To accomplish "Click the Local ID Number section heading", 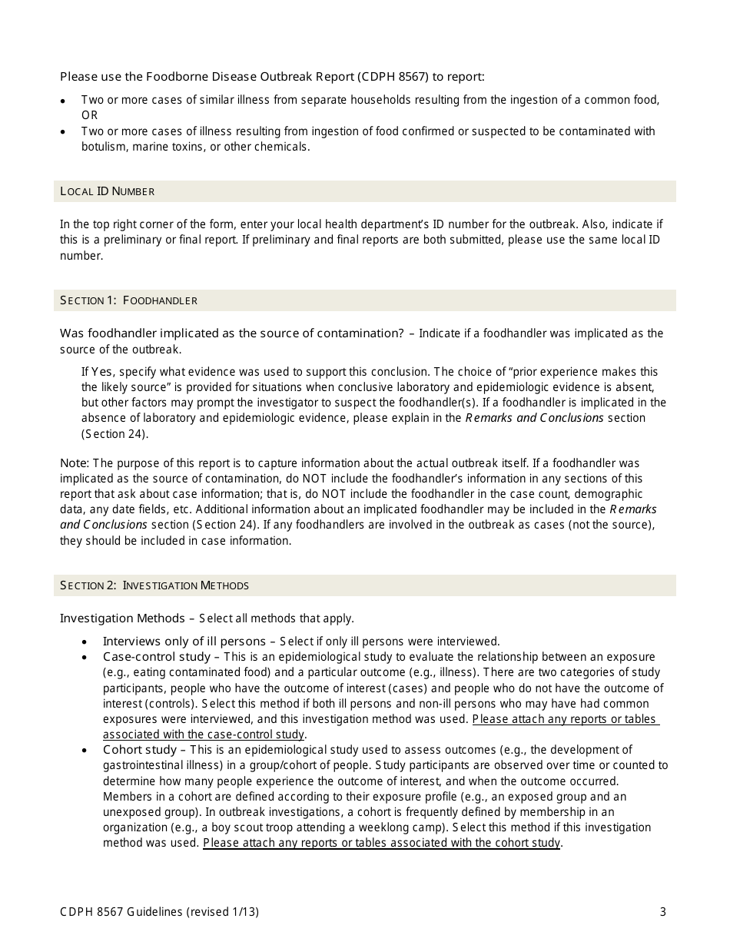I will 107,191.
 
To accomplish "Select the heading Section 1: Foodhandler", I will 128,300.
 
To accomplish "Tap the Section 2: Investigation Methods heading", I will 154,585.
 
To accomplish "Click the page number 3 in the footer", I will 662,912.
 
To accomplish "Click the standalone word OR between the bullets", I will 90,115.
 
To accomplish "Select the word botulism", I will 104,147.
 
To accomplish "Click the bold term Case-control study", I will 156,657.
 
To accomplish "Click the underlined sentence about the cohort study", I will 382,843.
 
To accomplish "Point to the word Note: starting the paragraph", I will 75,463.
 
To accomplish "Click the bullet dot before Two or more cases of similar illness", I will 63,101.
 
